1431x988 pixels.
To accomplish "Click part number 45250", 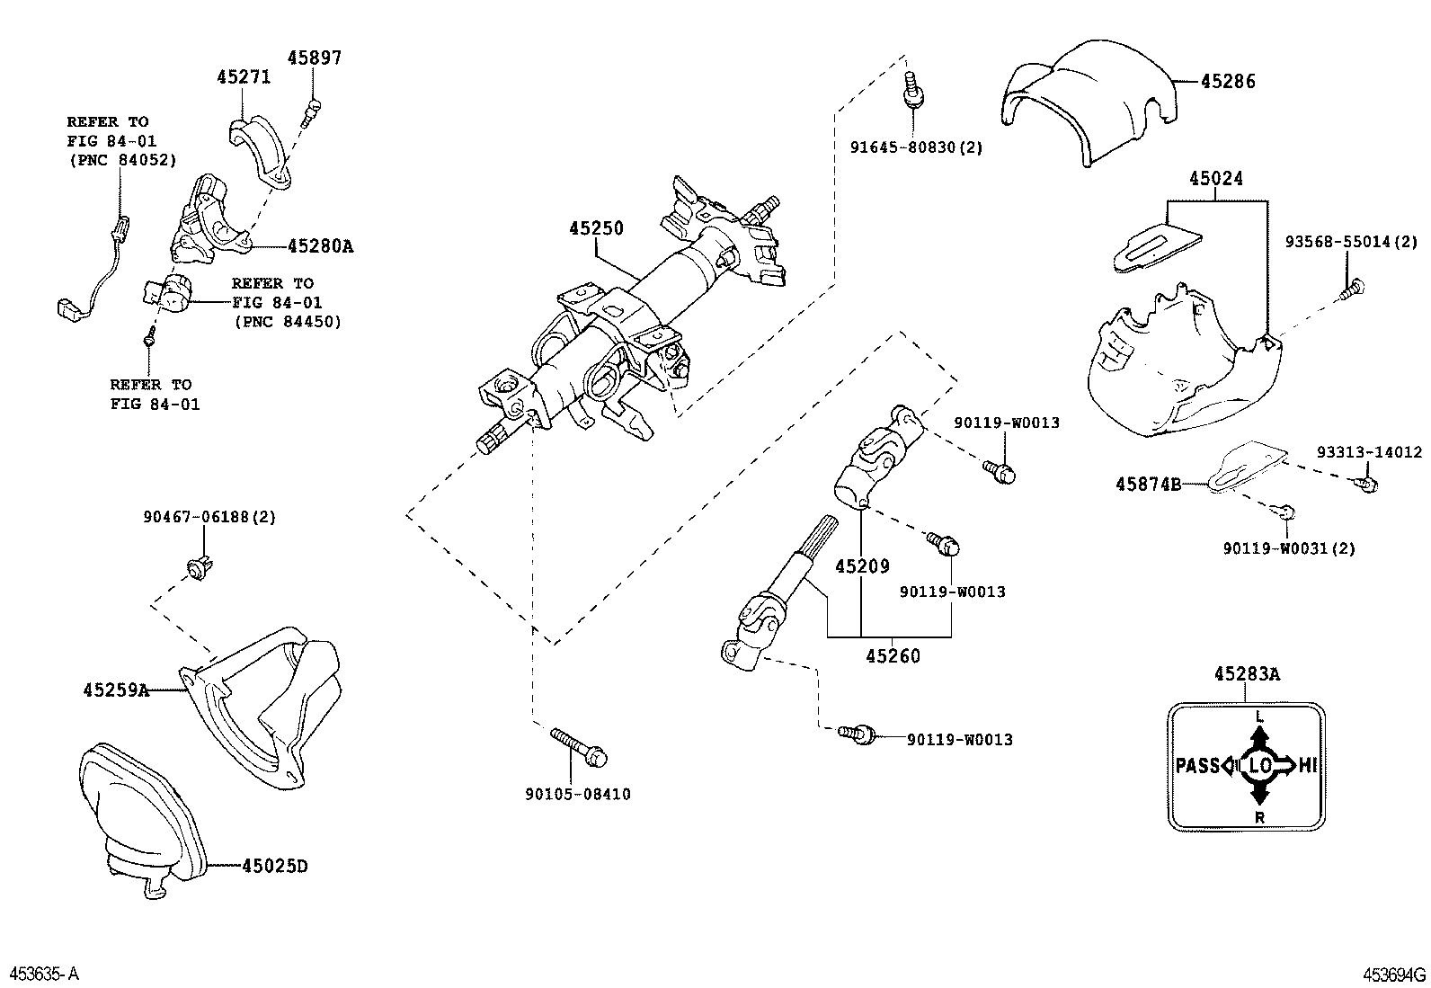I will click(595, 228).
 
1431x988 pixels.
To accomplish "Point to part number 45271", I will click(244, 77).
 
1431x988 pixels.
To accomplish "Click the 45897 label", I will click(315, 58).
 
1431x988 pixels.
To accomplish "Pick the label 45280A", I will click(320, 245).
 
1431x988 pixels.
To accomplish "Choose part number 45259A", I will click(116, 690).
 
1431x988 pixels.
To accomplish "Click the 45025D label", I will click(274, 866).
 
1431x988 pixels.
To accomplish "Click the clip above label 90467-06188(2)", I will click(194, 567).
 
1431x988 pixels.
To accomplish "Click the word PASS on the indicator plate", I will click(1196, 766).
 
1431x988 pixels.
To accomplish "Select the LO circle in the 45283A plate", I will click(1259, 766).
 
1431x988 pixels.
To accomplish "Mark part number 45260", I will click(893, 655).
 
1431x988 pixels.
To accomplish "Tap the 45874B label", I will click(1148, 484).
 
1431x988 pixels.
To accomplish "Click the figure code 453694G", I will click(1394, 975).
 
